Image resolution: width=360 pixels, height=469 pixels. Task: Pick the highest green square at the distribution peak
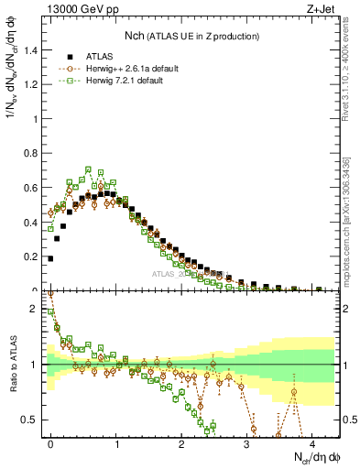point(89,169)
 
